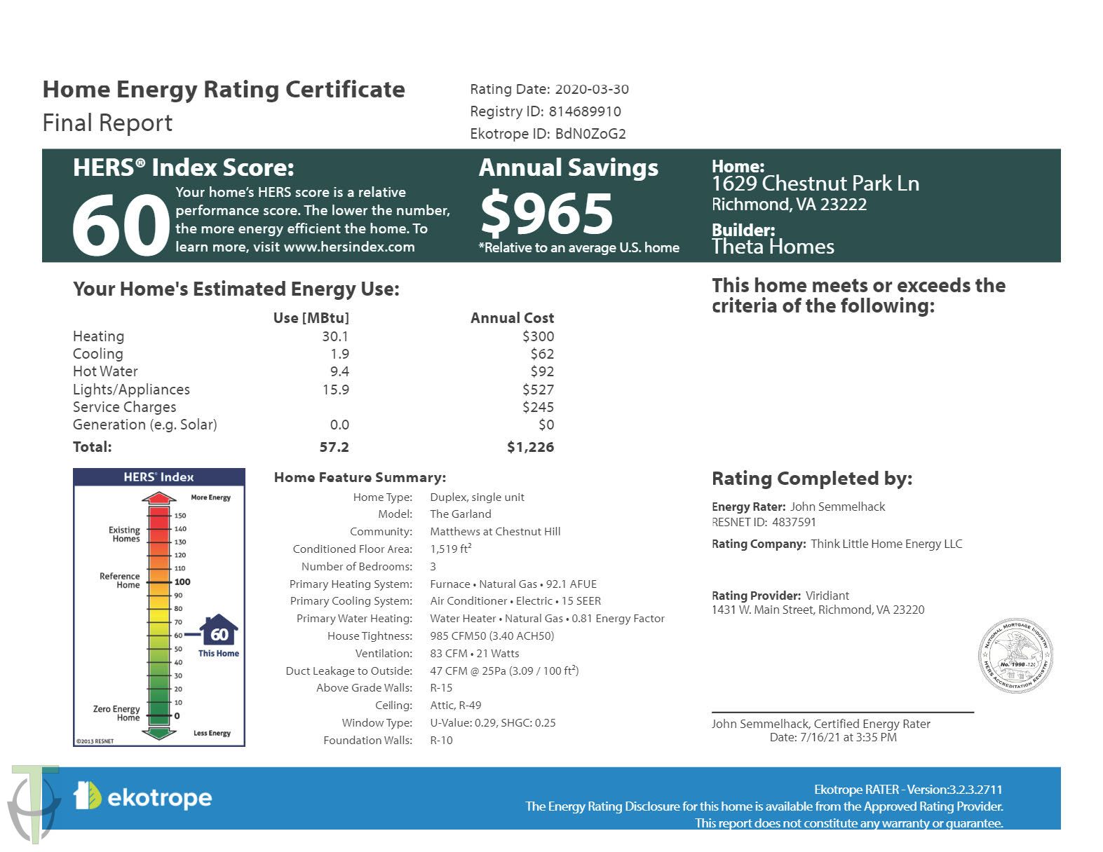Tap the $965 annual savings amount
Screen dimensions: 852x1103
[x=546, y=214]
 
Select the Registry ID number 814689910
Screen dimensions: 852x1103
[x=585, y=111]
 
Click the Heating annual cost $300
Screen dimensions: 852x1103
[x=538, y=336]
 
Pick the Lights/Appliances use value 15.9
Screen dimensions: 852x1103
[x=335, y=390]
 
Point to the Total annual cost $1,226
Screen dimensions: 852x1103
[x=530, y=447]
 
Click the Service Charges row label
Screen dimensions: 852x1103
[x=124, y=407]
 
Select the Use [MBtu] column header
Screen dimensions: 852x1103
[x=311, y=318]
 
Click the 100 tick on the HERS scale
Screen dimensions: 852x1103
[x=182, y=582]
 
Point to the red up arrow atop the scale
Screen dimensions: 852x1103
[x=159, y=498]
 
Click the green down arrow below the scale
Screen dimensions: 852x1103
[x=159, y=733]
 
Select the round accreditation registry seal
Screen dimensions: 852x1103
[x=1015, y=656]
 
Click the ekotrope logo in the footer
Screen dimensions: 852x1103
[x=143, y=797]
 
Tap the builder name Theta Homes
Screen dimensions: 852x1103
[x=773, y=247]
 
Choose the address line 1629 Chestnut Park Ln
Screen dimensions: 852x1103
[x=815, y=184]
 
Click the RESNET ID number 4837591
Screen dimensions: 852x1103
[x=794, y=522]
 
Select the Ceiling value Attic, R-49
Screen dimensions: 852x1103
[x=455, y=706]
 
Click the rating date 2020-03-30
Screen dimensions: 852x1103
[x=592, y=90]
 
